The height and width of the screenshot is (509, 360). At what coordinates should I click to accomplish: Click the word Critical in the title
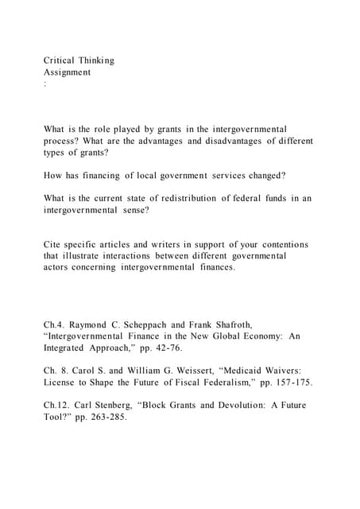[59, 60]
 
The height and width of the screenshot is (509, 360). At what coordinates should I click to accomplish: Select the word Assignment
[67, 72]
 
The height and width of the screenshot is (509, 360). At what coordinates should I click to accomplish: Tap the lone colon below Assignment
[45, 84]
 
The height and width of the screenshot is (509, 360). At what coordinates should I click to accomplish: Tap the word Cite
[53, 244]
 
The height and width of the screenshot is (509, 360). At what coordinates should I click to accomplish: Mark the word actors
[56, 267]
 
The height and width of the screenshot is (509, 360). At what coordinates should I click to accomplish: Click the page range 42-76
[168, 348]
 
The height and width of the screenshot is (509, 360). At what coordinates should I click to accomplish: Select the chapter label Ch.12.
[56, 406]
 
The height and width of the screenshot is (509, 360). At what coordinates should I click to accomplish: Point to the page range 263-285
[108, 418]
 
